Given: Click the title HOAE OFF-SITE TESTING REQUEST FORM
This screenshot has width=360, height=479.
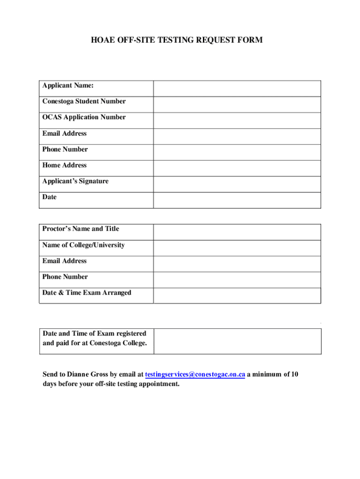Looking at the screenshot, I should click(177, 40).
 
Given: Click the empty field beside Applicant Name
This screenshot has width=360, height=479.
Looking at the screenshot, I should click(237, 88).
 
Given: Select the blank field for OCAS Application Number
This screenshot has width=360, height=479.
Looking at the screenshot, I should click(237, 120).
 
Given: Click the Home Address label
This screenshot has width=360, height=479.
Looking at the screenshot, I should click(65, 165).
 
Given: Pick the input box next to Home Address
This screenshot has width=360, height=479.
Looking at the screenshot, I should click(237, 168).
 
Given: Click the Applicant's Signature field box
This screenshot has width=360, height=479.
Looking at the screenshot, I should click(237, 184).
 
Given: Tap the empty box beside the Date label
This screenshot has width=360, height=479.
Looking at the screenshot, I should click(237, 200).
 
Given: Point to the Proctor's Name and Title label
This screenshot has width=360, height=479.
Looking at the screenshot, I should click(80, 229).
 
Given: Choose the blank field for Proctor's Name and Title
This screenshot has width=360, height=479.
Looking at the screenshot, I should click(237, 232).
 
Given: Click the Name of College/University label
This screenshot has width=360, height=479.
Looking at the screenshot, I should click(83, 245).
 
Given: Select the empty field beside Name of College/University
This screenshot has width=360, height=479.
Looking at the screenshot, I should click(237, 248).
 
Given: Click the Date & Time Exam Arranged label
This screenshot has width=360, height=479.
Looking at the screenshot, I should click(86, 293).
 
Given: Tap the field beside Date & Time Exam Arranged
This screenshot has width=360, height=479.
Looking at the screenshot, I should click(237, 295).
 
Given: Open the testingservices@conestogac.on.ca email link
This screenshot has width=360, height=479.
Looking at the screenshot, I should click(195, 375).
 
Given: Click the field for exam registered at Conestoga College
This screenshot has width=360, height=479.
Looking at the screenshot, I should click(237, 341).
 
